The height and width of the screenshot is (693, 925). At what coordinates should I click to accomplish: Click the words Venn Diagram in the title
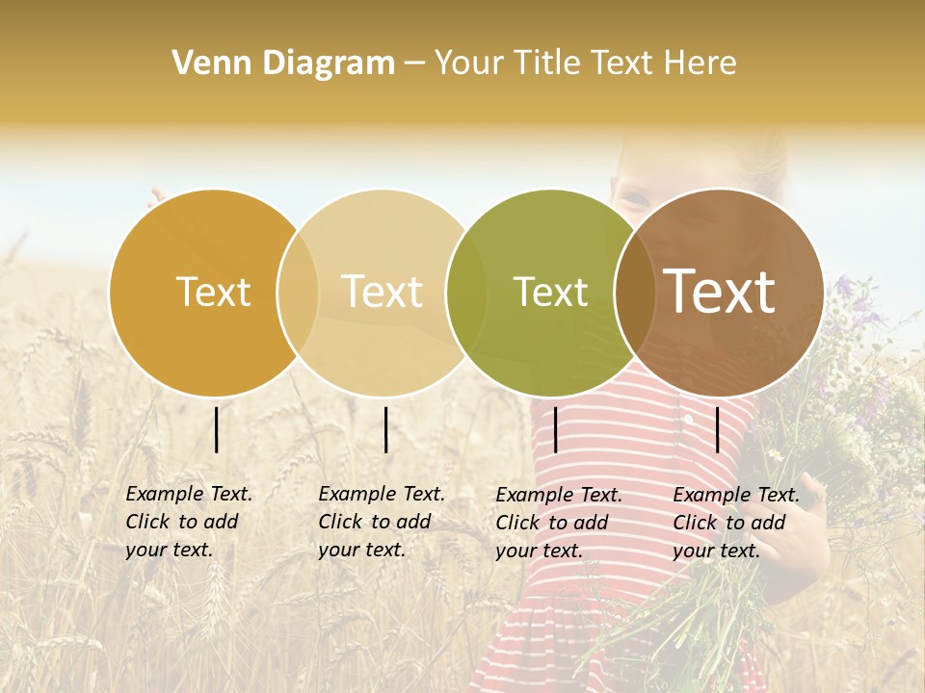tap(283, 64)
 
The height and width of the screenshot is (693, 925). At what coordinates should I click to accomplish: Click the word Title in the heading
tap(545, 64)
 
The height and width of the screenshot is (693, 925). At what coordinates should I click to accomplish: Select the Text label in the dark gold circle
tap(213, 293)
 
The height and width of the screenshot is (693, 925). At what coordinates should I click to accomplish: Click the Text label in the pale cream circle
tap(383, 293)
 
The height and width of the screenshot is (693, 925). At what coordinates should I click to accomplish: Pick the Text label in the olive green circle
tap(551, 293)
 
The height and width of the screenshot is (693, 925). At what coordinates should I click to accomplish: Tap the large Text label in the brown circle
tap(720, 293)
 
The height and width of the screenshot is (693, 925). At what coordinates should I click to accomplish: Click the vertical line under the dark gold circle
tap(217, 429)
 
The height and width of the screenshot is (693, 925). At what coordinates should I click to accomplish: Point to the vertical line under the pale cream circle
tap(385, 429)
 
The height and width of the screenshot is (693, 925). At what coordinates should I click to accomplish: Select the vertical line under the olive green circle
tap(555, 429)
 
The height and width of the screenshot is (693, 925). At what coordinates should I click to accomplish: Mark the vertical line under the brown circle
tap(718, 429)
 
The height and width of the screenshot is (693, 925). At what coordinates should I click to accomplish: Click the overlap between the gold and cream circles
tap(298, 293)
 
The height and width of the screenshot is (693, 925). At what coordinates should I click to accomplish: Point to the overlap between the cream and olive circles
tap(466, 293)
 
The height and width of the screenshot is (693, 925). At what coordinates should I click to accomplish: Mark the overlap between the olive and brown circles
tap(635, 293)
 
